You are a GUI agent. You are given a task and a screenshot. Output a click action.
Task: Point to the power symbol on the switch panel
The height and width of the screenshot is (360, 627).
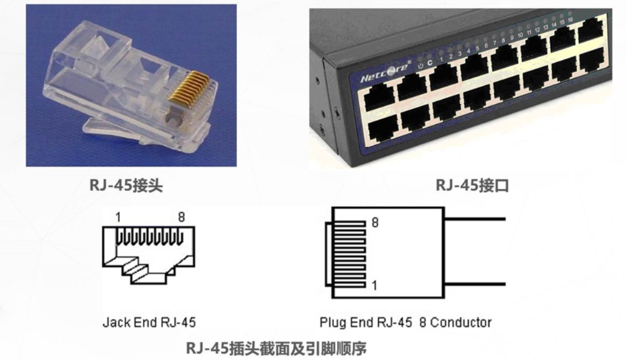pyautogui.click(x=420, y=65)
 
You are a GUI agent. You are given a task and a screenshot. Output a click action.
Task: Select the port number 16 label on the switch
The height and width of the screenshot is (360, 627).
pyautogui.click(x=571, y=20)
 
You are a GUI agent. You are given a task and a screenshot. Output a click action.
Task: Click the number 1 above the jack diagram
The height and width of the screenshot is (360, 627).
pyautogui.click(x=118, y=217)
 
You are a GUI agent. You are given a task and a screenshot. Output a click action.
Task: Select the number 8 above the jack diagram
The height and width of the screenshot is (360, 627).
pyautogui.click(x=181, y=217)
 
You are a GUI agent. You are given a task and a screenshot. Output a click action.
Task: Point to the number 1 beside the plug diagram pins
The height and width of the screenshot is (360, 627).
pyautogui.click(x=374, y=285)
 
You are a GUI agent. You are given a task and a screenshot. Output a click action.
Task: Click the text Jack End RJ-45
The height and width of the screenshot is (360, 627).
pyautogui.click(x=149, y=323)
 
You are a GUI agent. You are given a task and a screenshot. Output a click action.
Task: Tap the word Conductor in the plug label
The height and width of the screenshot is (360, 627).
pyautogui.click(x=461, y=323)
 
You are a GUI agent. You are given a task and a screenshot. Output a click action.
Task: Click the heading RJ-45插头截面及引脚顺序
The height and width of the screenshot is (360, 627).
pyautogui.click(x=276, y=347)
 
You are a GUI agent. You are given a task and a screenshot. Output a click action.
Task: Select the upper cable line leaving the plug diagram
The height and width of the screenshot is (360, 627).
pyautogui.click(x=474, y=218)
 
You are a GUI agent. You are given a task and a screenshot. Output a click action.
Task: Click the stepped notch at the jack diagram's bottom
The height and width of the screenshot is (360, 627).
pyautogui.click(x=148, y=270)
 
